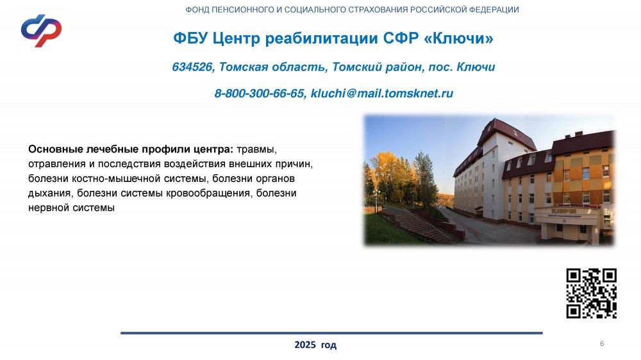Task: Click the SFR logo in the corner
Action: [41, 31]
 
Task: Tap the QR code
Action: [591, 293]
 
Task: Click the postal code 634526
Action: [192, 67]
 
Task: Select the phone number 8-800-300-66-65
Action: [259, 94]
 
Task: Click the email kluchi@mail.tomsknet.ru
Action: [382, 94]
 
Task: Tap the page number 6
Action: [602, 343]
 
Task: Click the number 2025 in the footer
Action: [305, 345]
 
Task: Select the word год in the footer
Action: [329, 345]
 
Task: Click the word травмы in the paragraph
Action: [257, 149]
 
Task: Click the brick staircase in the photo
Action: [421, 226]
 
